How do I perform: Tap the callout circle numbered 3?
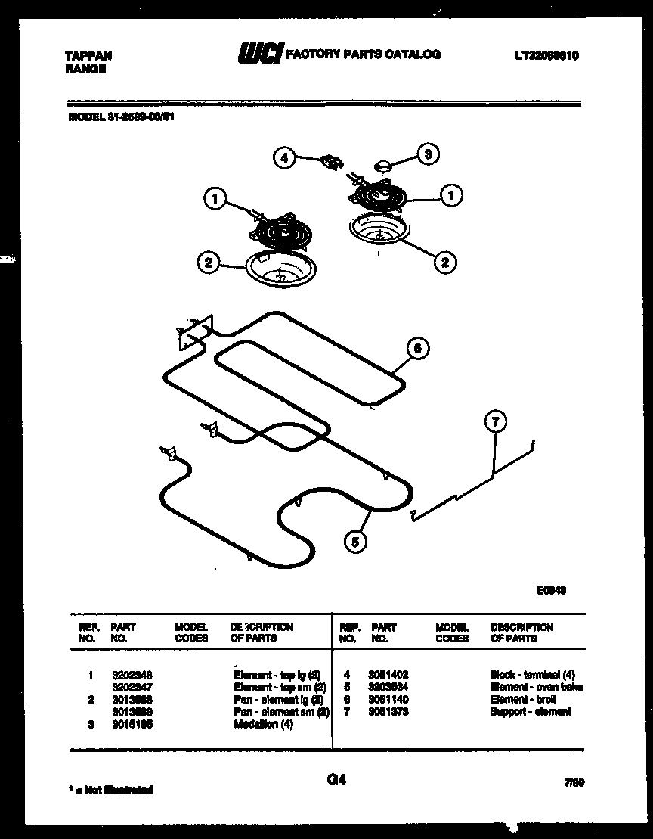pos(427,154)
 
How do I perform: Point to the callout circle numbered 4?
pos(284,158)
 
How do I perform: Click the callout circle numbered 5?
pos(354,540)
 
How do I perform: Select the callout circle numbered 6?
pos(416,349)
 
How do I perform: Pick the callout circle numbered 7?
pos(495,422)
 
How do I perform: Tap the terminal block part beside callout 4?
pos(330,160)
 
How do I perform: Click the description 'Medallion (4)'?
pos(264,725)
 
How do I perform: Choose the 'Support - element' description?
pos(531,712)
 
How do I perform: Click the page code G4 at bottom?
pos(336,780)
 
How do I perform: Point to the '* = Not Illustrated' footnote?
pos(110,790)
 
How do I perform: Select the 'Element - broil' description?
pos(522,700)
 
